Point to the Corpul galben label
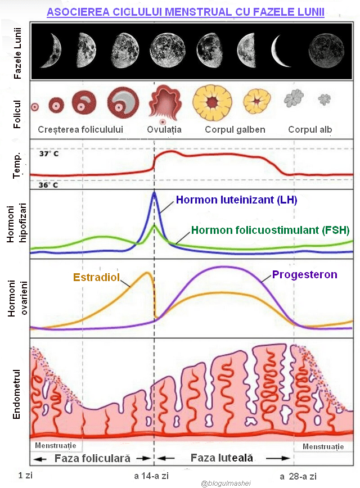235,130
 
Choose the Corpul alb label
310,130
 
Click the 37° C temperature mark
48,153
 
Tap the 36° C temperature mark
48,184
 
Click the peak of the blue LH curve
154,193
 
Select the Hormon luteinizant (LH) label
236,200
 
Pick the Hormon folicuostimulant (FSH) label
270,230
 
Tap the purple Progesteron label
305,274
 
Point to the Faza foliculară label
92,458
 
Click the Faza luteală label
222,458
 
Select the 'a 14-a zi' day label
151,476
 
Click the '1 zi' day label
26,476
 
